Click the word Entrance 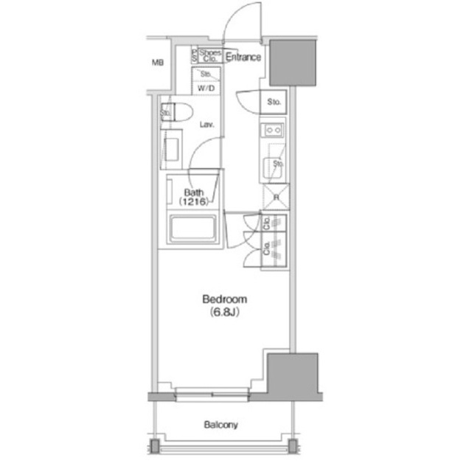[243, 57]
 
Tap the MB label [157, 63]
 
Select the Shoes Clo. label [210, 55]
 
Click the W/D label [206, 88]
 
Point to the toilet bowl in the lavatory [181, 112]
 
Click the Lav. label [207, 125]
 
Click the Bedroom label [225, 299]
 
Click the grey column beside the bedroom [292, 376]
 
